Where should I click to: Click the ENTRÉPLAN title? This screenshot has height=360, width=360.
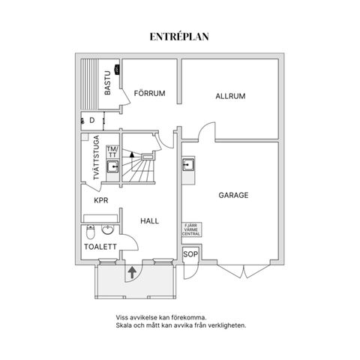pyautogui.click(x=179, y=37)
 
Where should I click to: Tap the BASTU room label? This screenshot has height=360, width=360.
pyautogui.click(x=107, y=82)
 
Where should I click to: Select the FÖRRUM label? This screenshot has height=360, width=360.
pyautogui.click(x=149, y=93)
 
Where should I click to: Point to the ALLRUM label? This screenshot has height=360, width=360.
pyautogui.click(x=230, y=96)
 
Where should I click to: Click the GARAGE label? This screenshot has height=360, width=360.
pyautogui.click(x=233, y=195)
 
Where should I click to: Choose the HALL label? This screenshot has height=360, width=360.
pyautogui.click(x=149, y=221)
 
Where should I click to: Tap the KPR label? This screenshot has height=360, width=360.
pyautogui.click(x=101, y=200)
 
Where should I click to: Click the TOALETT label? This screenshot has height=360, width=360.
pyautogui.click(x=100, y=247)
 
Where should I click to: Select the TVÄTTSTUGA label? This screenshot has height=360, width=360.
pyautogui.click(x=96, y=157)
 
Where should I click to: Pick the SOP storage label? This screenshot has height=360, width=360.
pyautogui.click(x=190, y=254)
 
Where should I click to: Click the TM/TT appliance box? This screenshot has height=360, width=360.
pyautogui.click(x=112, y=152)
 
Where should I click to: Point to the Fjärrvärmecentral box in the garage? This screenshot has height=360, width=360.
pyautogui.click(x=191, y=229)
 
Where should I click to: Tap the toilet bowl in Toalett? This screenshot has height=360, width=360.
pyautogui.click(x=90, y=232)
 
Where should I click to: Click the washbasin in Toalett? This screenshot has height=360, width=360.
pyautogui.click(x=108, y=229)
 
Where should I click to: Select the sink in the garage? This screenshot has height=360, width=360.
pyautogui.click(x=188, y=164)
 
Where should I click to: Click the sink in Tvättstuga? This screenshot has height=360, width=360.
pyautogui.click(x=112, y=166)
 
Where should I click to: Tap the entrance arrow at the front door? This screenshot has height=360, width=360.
pyautogui.click(x=132, y=272)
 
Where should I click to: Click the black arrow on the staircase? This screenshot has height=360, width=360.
pyautogui.click(x=132, y=154)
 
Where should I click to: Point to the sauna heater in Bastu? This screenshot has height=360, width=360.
pyautogui.click(x=116, y=69)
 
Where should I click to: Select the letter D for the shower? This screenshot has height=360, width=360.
pyautogui.click(x=92, y=121)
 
